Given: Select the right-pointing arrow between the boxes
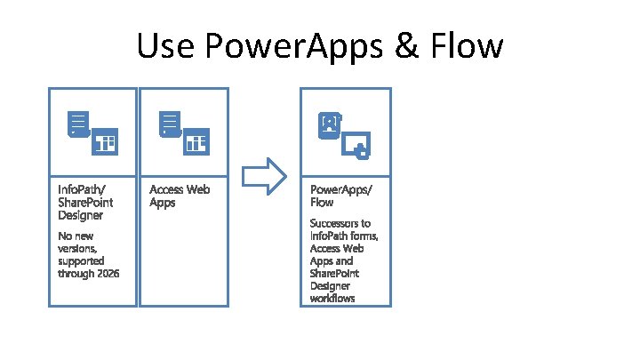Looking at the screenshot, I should coord(265,177).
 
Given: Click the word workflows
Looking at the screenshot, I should coord(332,300).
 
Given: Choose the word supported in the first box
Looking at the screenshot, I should coord(81,260).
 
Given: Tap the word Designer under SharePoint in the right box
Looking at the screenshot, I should coord(332,287).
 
